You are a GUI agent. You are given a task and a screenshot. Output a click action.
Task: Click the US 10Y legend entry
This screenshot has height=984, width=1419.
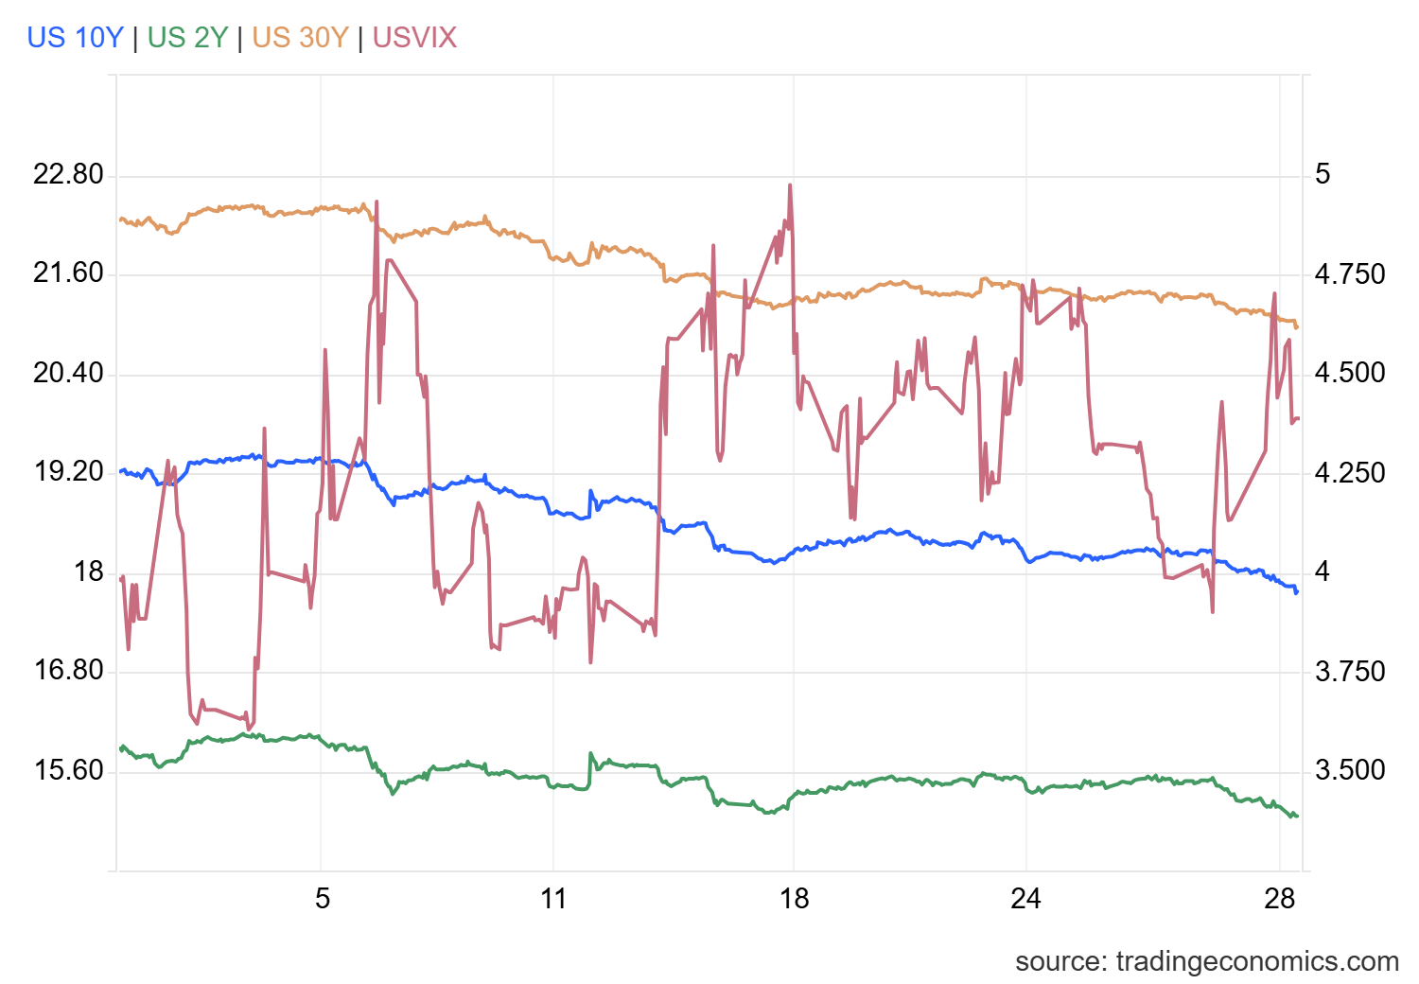point(75,37)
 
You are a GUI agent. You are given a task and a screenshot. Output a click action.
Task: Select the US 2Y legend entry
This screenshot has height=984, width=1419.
point(187,37)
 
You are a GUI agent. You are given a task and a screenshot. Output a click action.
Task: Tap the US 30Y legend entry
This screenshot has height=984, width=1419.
point(300,37)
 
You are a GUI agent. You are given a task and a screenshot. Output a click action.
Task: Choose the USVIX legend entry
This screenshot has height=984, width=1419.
point(414,37)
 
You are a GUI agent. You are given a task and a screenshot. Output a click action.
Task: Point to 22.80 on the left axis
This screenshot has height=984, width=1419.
point(68,175)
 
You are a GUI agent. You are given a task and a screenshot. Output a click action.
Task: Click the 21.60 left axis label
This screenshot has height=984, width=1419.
point(68,273)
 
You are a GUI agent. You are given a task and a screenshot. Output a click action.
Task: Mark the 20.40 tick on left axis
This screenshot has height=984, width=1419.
point(68,373)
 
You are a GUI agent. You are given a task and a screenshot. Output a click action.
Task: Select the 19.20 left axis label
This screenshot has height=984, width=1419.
point(68,472)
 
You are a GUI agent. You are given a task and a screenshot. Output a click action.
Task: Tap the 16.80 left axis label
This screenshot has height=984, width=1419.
point(68,671)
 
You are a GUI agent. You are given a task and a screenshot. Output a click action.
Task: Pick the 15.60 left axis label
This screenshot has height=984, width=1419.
point(68,770)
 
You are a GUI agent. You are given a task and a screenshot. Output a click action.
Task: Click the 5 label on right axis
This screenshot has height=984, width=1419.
point(1323,174)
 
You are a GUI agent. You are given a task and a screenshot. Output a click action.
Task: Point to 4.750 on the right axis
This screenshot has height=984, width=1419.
point(1350,274)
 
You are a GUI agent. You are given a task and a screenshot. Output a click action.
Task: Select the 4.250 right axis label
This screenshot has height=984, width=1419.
point(1350,472)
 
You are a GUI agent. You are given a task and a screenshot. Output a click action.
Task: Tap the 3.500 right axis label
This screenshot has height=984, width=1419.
point(1350,770)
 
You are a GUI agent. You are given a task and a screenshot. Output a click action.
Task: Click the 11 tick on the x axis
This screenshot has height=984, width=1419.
point(553,898)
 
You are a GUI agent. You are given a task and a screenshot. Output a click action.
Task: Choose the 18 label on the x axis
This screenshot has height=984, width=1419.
point(794,898)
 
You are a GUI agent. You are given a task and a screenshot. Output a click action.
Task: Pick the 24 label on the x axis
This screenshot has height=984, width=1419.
point(1025,898)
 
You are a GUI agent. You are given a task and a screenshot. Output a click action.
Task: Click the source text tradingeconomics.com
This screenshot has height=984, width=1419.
point(1206,961)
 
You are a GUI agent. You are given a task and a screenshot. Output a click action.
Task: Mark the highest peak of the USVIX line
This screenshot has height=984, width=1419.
point(789,185)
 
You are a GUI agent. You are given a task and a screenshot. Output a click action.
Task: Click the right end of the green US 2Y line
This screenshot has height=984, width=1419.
point(1298,816)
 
